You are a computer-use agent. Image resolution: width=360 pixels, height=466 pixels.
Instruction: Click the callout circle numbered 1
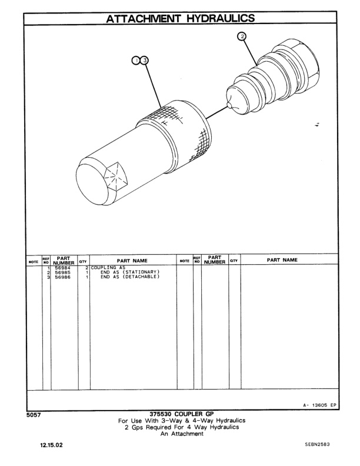click(136, 60)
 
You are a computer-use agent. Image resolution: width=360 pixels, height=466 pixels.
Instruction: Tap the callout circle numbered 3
click(145, 60)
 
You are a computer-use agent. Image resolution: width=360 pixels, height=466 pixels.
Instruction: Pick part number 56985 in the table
click(63, 273)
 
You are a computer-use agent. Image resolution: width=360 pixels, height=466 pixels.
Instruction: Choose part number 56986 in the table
click(63, 278)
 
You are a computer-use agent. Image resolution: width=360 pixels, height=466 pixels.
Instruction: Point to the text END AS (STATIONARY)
click(129, 273)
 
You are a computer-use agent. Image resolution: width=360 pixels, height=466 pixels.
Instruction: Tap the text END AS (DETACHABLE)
click(129, 278)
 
